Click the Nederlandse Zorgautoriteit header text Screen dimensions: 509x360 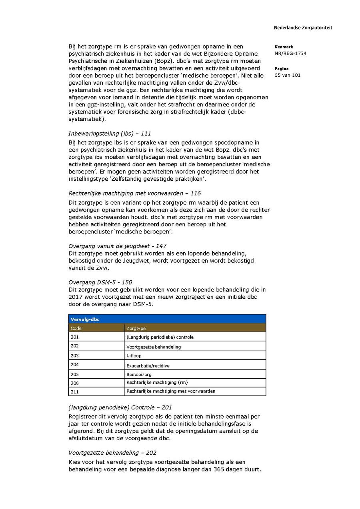(303, 28)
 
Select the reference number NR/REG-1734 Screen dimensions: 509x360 (290, 54)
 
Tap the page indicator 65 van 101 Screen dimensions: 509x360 (288, 75)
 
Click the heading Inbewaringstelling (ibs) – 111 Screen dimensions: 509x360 (110, 134)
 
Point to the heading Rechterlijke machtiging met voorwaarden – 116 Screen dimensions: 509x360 (134, 193)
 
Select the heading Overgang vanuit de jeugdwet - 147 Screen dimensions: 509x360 (117, 246)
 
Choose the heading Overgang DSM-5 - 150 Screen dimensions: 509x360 (100, 282)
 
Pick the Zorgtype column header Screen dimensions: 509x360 (136, 328)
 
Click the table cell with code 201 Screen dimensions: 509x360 (75, 337)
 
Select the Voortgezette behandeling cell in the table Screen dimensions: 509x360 (154, 347)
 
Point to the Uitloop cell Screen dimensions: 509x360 (134, 355)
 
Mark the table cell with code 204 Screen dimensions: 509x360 (75, 365)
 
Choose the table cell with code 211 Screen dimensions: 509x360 (75, 392)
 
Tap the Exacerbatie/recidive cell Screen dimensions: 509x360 (148, 365)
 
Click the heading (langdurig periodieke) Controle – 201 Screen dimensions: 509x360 (120, 407)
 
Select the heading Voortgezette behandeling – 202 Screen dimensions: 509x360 (112, 453)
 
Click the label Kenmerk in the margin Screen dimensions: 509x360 (284, 47)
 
